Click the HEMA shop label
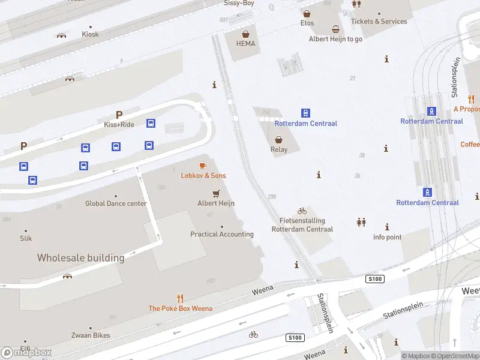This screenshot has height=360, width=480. click(x=245, y=44)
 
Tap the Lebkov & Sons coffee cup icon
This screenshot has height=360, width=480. click(x=203, y=166)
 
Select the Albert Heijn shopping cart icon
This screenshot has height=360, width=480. click(x=216, y=193)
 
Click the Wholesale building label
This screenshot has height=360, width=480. click(x=80, y=258)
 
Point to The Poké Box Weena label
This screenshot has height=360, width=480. click(x=180, y=308)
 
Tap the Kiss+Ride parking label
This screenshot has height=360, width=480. click(x=119, y=124)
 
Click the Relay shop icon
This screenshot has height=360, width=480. click(x=279, y=139)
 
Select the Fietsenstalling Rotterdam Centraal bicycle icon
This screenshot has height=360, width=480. click(x=302, y=211)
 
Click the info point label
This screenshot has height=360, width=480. click(x=387, y=237)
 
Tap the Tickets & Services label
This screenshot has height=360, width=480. click(x=379, y=22)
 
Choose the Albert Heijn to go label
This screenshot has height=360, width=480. click(x=335, y=39)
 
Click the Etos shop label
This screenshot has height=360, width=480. click(x=307, y=23)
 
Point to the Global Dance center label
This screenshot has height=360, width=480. click(x=116, y=203)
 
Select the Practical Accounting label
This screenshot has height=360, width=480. click(x=222, y=234)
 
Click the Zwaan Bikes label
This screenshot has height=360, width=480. click(x=91, y=335)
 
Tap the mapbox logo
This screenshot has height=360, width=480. click(x=26, y=353)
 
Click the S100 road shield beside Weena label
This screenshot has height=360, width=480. click(x=295, y=338)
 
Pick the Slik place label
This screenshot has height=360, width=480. click(x=26, y=238)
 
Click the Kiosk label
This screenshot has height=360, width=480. click(x=90, y=34)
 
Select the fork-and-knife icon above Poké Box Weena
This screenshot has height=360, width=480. click(x=180, y=298)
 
